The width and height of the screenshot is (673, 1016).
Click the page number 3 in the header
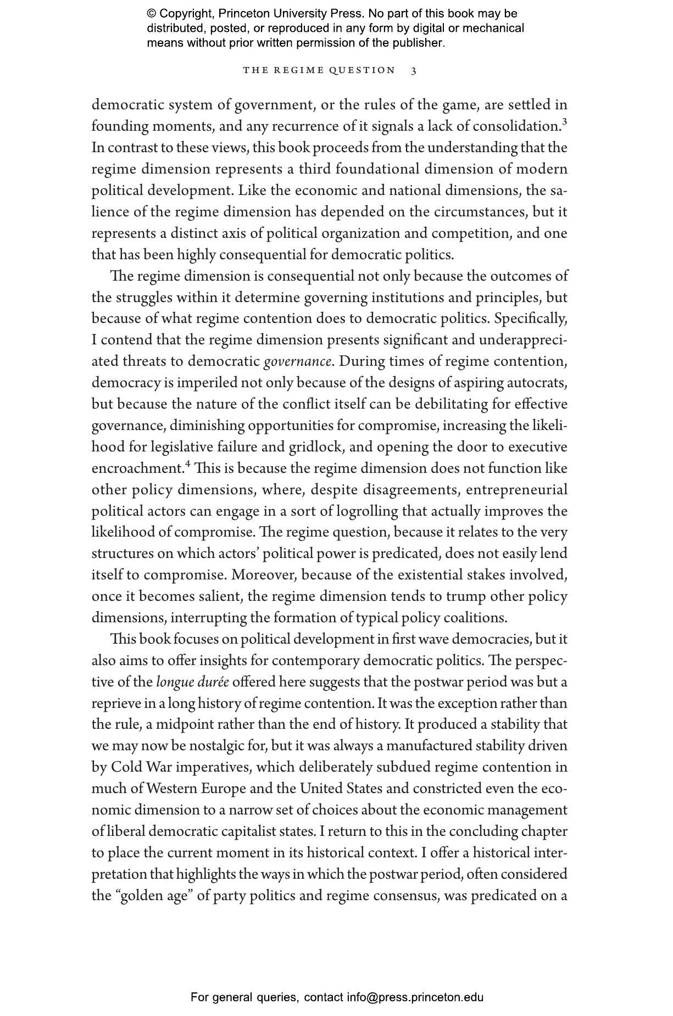pos(414,70)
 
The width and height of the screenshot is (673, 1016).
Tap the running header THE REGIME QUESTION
pos(319,70)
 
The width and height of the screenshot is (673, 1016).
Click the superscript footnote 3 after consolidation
pos(565,122)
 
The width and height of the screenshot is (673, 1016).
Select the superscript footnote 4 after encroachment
pos(188,465)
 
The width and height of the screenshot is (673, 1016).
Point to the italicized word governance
pos(297,361)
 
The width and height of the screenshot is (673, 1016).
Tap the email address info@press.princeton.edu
pos(415,997)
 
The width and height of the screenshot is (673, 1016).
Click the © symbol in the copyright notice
pos(152,14)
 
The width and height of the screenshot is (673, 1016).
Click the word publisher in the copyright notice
pos(418,43)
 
